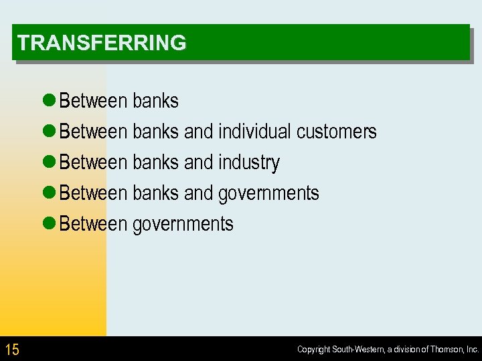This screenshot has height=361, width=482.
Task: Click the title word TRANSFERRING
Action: [102, 43]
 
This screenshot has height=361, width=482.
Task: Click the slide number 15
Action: [12, 349]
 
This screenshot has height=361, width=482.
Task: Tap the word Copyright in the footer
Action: [314, 350]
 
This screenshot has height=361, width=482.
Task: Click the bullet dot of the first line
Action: [48, 101]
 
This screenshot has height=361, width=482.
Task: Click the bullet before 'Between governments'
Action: [48, 224]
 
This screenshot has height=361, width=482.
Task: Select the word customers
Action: [336, 132]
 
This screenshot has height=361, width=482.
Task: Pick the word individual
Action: [254, 132]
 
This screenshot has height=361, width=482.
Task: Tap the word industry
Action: [248, 162]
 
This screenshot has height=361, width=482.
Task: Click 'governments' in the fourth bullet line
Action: [268, 193]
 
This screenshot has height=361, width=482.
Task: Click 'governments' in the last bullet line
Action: [183, 224]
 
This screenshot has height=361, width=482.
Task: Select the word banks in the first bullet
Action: [155, 101]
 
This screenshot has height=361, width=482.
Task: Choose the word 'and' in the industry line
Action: [198, 162]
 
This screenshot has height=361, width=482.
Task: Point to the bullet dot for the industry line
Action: [48, 162]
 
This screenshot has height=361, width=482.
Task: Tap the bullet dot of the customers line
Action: [48, 132]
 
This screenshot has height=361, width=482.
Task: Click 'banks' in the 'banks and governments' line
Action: [155, 193]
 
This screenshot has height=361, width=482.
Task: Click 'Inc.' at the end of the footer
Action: [471, 350]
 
